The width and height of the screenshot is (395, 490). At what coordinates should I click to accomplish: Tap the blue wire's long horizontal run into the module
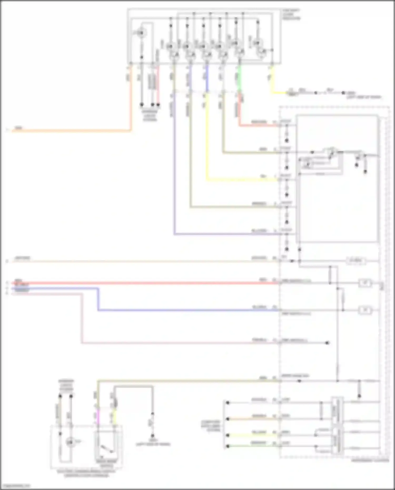[184, 310]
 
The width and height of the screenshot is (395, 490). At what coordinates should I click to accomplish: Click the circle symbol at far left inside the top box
[141, 33]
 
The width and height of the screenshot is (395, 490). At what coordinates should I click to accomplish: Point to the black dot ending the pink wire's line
[327, 343]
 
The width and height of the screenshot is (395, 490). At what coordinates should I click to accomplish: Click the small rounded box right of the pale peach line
[355, 261]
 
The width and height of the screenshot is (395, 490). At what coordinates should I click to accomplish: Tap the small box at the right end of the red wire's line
[365, 283]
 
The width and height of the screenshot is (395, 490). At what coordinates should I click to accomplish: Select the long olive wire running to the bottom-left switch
[184, 381]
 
